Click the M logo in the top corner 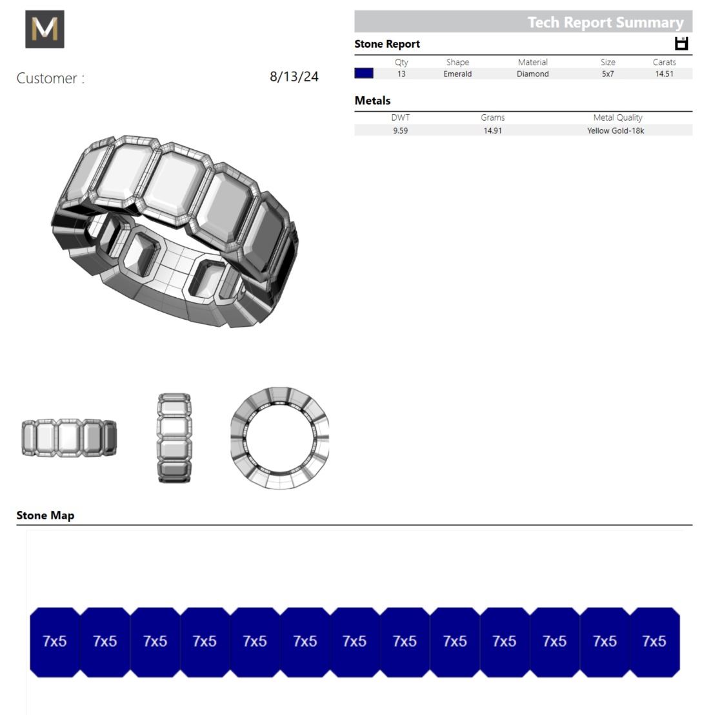coord(45,29)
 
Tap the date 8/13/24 coord(294,77)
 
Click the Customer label coord(50,78)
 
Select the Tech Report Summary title coord(605,22)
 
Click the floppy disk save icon coord(681,43)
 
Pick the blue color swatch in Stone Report coord(364,74)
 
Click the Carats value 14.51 coord(664,74)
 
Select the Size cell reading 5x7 coord(608,74)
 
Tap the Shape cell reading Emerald coord(457,74)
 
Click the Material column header coord(532,62)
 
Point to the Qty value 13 coord(401,74)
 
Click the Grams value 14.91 coord(492,130)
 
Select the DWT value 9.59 coord(400,130)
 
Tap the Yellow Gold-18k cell coord(616,130)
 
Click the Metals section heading coord(372,101)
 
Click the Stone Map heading coord(45,515)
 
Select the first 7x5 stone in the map coord(55,641)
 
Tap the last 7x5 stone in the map coord(654,641)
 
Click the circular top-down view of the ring coord(279,438)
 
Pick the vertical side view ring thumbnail coord(174,438)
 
